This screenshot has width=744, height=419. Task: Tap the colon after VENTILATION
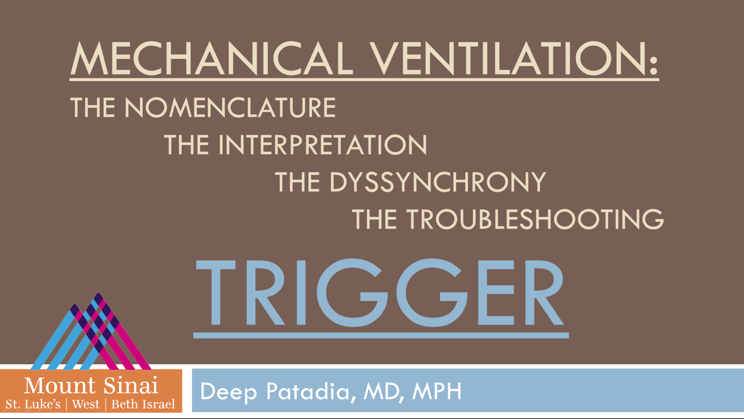(x=654, y=64)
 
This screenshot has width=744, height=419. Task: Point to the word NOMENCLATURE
(x=230, y=107)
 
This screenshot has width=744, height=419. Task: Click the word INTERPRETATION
(x=323, y=145)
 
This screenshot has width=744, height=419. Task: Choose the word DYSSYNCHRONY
(x=438, y=182)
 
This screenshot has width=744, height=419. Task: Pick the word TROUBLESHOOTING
(x=535, y=219)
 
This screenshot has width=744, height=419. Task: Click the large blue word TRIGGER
(x=380, y=293)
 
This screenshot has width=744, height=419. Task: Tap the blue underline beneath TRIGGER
(x=381, y=335)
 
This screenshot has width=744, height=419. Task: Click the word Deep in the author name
(x=228, y=392)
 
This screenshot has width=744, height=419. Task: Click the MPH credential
(x=437, y=391)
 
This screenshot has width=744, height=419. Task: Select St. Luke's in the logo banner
(x=33, y=404)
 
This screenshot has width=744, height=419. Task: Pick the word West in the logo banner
(x=86, y=404)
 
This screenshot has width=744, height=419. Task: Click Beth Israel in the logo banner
(x=143, y=404)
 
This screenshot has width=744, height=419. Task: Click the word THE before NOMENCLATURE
(x=92, y=107)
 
